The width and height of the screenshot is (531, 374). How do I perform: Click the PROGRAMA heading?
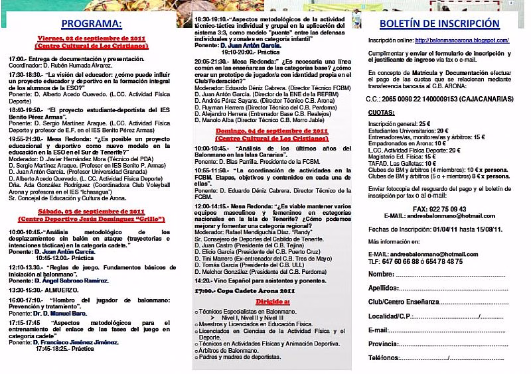tap(91, 24)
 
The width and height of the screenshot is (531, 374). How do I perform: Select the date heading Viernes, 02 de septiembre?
tap(92, 40)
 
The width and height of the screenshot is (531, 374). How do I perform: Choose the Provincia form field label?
tap(384, 343)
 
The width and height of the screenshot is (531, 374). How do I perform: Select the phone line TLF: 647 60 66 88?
tap(425, 261)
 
